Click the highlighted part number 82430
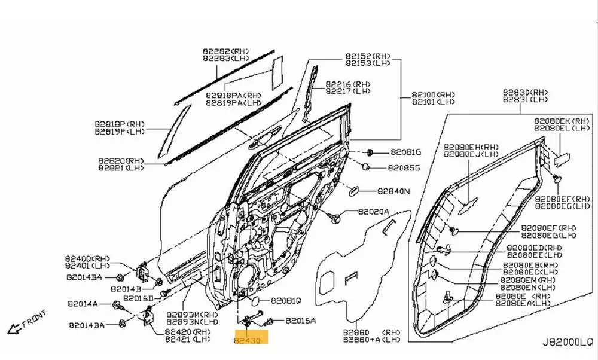pos(251,340)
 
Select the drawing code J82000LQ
pos(566,343)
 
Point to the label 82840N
pos(393,191)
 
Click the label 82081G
pos(406,152)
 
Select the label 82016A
pos(300,321)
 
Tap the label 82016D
pos(139,298)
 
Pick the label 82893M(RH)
pos(193,315)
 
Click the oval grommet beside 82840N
pos(353,190)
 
